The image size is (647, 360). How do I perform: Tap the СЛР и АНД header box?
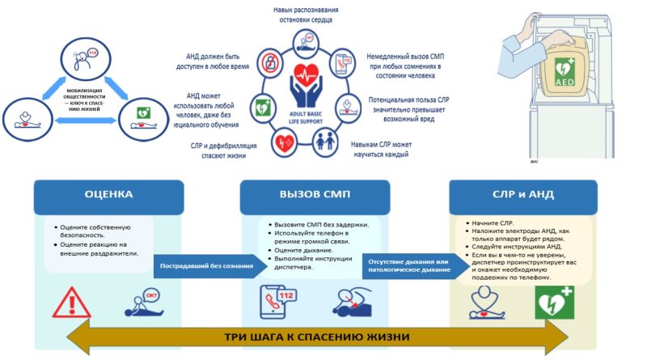click(522, 195)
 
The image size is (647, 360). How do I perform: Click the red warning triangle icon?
click(71, 301)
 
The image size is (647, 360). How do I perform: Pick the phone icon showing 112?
click(276, 300)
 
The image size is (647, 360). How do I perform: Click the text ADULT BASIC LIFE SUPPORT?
click(307, 122)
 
